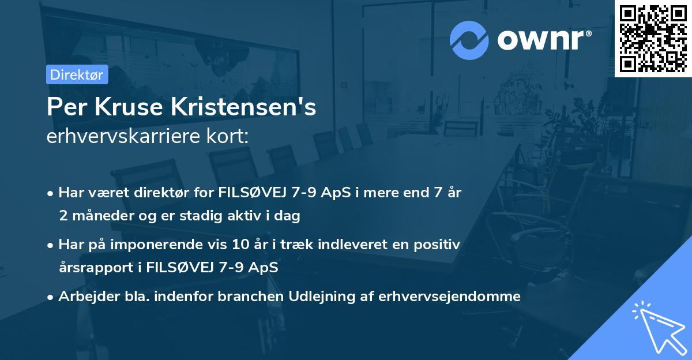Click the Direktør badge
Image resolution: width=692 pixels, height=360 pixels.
(x=77, y=74)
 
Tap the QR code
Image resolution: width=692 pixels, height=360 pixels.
(x=653, y=38)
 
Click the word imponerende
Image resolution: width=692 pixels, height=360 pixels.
(x=166, y=245)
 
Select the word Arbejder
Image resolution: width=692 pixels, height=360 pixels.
(x=85, y=297)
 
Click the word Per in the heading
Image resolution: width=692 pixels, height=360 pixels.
(x=61, y=107)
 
